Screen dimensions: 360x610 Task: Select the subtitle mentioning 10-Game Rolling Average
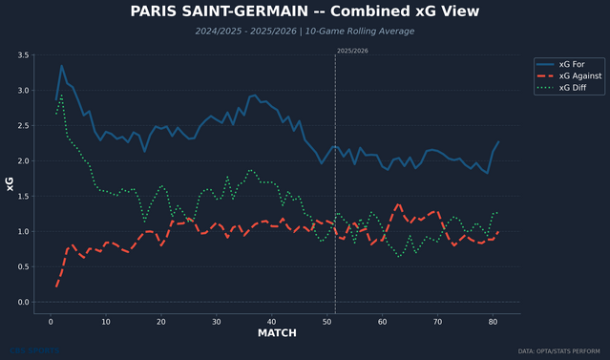[x=305, y=32]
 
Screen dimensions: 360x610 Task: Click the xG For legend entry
[x=574, y=63]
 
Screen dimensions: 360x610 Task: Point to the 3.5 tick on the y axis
[x=23, y=56]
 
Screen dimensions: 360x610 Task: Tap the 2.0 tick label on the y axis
[x=23, y=161]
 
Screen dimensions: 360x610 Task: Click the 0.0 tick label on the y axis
[x=23, y=303]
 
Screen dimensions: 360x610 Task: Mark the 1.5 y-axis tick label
[x=23, y=197]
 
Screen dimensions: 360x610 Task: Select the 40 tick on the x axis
[x=272, y=322]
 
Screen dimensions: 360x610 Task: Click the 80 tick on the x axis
[x=493, y=322]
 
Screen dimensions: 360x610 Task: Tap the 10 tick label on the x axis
[x=106, y=322]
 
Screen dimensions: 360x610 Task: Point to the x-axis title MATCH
[x=277, y=333]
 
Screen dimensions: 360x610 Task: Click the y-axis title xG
[x=9, y=183]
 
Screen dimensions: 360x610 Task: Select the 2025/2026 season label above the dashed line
[x=352, y=51]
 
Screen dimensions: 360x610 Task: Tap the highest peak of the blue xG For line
[x=62, y=66]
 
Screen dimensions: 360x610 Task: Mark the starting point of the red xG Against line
[x=56, y=286]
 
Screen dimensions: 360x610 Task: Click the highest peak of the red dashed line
[x=398, y=203]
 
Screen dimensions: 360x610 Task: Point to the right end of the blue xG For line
[x=498, y=142]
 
